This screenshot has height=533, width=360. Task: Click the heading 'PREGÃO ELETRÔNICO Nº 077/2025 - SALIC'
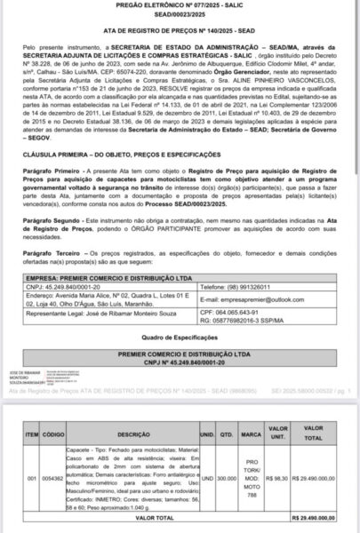(179, 7)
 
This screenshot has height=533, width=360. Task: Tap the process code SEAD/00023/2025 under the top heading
(180, 16)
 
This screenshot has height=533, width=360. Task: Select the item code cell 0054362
(53, 477)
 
